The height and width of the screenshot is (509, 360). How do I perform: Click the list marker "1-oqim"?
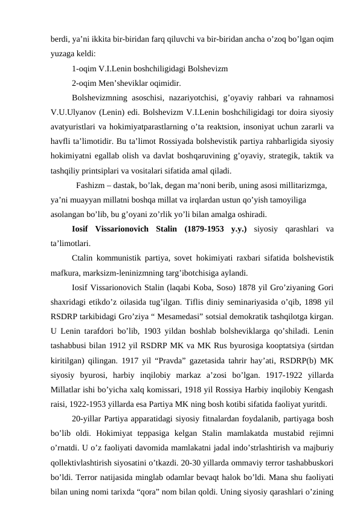pos(84,68)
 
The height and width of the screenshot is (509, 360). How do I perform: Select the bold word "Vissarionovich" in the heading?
pos(125,229)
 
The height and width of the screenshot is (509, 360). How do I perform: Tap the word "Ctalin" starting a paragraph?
pos(83,258)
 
